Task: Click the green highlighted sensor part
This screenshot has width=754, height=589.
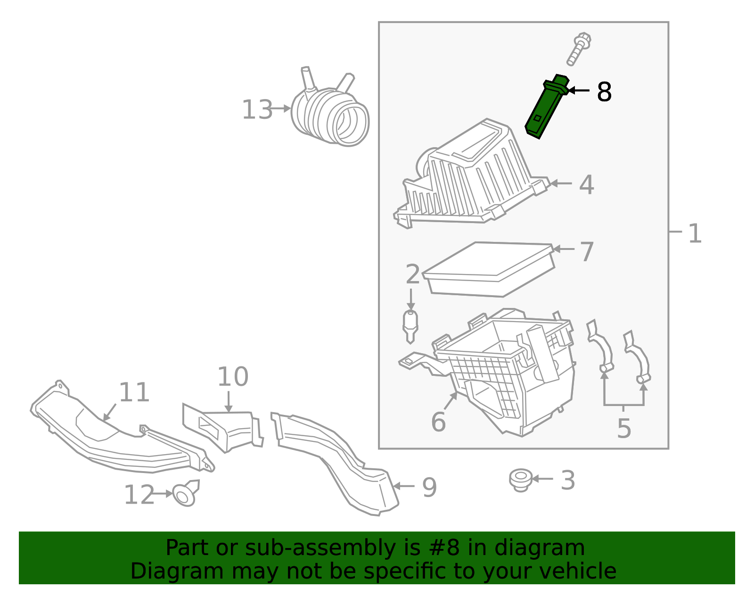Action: click(x=547, y=107)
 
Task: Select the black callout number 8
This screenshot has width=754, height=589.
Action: click(x=604, y=92)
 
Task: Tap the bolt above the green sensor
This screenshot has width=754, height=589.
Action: click(x=579, y=49)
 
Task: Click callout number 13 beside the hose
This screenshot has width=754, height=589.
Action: click(x=257, y=110)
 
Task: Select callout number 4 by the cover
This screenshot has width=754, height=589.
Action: click(x=586, y=184)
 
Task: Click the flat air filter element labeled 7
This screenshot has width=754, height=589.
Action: click(x=490, y=269)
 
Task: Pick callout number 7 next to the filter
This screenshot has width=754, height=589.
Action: click(x=587, y=252)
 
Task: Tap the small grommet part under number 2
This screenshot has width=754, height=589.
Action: click(x=410, y=325)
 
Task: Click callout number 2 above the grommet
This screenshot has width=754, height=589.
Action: click(x=412, y=274)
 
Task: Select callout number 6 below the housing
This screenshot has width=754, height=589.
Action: click(x=438, y=422)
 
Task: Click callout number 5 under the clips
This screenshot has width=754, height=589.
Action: click(x=623, y=429)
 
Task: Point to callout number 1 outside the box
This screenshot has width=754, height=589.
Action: click(x=695, y=233)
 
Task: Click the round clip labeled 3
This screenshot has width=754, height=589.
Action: click(x=521, y=480)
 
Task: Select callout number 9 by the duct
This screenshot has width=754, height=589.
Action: click(x=429, y=487)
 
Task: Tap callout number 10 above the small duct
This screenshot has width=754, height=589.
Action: click(x=232, y=377)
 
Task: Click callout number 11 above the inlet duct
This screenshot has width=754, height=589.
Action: click(x=134, y=392)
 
